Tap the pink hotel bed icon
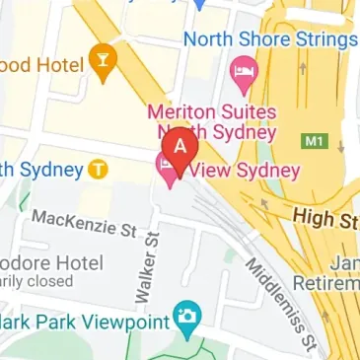[x=242, y=71]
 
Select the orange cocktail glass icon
[x=104, y=60]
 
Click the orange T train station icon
[x=97, y=169]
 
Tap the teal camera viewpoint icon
[x=184, y=318]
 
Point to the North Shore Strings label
[x=271, y=39]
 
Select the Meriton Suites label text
[x=211, y=111]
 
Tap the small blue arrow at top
[x=197, y=5]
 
